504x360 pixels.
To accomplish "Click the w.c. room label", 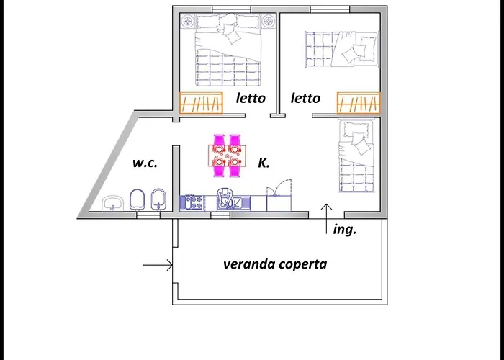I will click(x=144, y=163).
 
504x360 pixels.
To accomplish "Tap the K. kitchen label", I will click(x=264, y=163).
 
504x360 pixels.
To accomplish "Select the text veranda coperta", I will click(x=275, y=264).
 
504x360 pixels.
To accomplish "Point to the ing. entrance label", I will click(x=345, y=230).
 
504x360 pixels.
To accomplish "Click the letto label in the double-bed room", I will click(x=251, y=98).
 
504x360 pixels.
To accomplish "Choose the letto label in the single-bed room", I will click(x=305, y=98).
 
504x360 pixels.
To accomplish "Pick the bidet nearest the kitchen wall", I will click(x=159, y=200).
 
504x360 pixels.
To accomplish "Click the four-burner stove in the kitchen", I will click(x=191, y=203).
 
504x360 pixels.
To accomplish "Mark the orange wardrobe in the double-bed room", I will click(x=201, y=104).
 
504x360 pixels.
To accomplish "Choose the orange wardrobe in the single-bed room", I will click(x=358, y=104).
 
